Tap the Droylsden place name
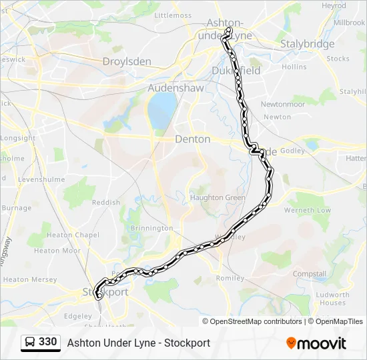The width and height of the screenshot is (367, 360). pos(127,62)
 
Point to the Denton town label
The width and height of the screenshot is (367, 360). pos(192,139)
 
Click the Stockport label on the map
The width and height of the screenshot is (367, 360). pos(105,292)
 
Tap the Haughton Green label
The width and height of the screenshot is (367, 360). pos(218,197)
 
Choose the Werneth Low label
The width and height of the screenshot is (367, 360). pos(308,210)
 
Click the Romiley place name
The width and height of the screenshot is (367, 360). pos(230,277)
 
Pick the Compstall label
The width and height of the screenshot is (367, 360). pos(310,273)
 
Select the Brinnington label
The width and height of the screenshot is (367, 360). pos(151,228)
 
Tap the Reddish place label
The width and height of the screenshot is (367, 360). pos(106,202)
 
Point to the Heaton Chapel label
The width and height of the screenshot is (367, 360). pos(73,235)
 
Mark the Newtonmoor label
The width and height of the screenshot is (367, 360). pos(282,105)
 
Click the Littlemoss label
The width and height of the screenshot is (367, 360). pos(173,15)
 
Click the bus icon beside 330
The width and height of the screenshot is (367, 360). pos(30,342)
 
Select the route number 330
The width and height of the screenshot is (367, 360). pos(48,342)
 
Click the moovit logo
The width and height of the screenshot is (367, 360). pos(316,343)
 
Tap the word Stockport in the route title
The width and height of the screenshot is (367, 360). pos(188,343)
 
